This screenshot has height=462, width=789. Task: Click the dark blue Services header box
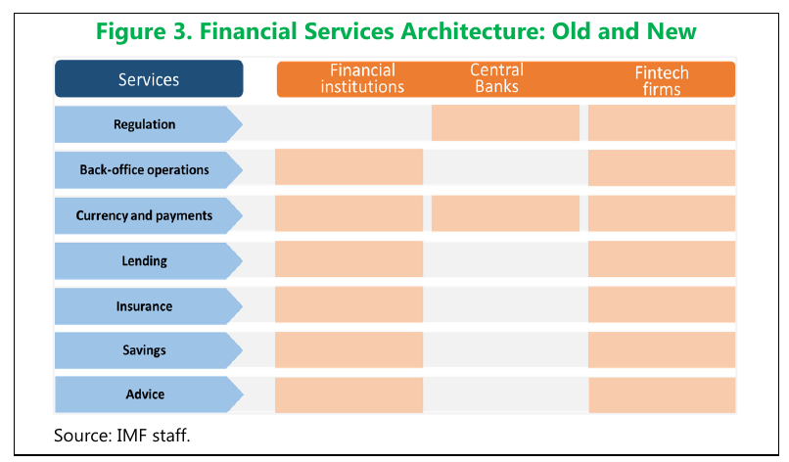click(147, 79)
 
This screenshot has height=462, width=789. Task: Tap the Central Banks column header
click(497, 79)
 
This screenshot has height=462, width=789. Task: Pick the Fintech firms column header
click(661, 79)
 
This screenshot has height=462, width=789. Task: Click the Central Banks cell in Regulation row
click(505, 123)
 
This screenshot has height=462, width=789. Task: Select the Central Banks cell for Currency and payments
click(505, 213)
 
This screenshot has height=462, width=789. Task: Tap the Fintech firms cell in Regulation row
click(661, 123)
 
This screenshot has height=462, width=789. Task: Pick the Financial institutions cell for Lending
click(348, 259)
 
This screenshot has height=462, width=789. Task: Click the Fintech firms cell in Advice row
click(661, 394)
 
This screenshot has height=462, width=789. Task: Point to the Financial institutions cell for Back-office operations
click(348, 167)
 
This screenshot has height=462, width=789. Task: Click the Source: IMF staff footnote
click(122, 435)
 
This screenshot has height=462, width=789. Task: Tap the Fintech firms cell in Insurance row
click(661, 304)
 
